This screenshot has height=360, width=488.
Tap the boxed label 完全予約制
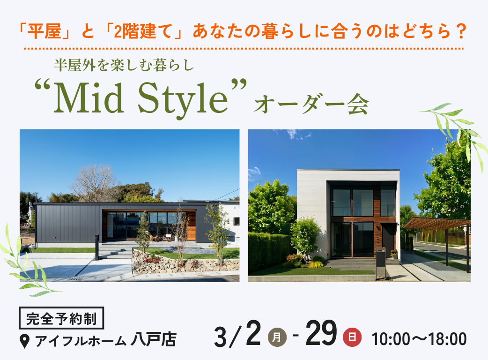[61, 318]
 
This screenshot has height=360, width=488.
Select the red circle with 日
[352, 337]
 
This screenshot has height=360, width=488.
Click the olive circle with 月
[277, 337]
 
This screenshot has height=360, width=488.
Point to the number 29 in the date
[321, 334]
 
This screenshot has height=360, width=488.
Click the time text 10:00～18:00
[419, 339]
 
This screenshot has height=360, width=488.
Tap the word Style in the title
[183, 98]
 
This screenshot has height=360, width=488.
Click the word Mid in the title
[89, 97]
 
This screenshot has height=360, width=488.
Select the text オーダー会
[311, 105]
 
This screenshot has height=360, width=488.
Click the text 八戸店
[154, 339]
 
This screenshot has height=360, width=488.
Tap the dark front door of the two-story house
[388, 240]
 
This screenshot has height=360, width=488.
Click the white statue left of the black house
[30, 213]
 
